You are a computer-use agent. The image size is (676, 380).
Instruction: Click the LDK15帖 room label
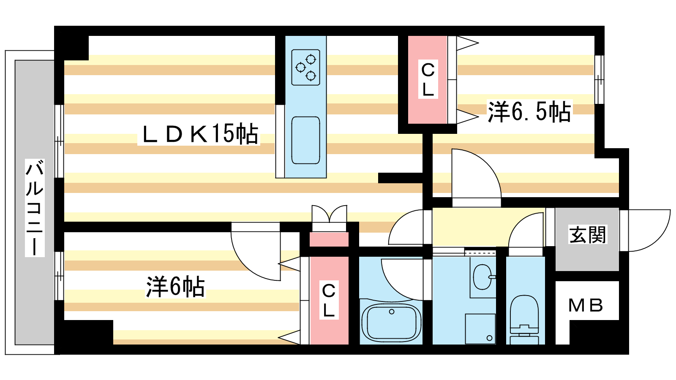pos(199,134)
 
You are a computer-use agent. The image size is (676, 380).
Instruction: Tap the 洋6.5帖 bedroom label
pos(529,112)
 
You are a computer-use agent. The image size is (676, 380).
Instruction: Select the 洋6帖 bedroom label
pos(175,287)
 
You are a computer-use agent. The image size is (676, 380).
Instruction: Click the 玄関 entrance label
pos(587,235)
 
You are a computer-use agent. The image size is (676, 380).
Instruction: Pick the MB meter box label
pos(586,305)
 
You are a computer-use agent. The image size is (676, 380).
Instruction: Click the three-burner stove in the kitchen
pos(305,68)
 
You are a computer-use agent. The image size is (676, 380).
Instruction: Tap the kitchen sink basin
pos(305,140)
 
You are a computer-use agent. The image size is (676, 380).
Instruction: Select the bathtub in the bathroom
pos(391,323)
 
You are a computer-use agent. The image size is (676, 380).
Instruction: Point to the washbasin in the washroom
pos(482,277)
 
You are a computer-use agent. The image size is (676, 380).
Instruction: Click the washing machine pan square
pos(480,328)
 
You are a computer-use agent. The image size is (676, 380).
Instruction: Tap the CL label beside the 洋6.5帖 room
pos(428,79)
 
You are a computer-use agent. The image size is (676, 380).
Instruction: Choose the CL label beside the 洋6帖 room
pos(329,300)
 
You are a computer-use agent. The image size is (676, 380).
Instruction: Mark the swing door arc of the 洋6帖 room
pos(253,258)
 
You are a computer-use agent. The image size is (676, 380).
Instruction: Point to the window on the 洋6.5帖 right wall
pos(599,79)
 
